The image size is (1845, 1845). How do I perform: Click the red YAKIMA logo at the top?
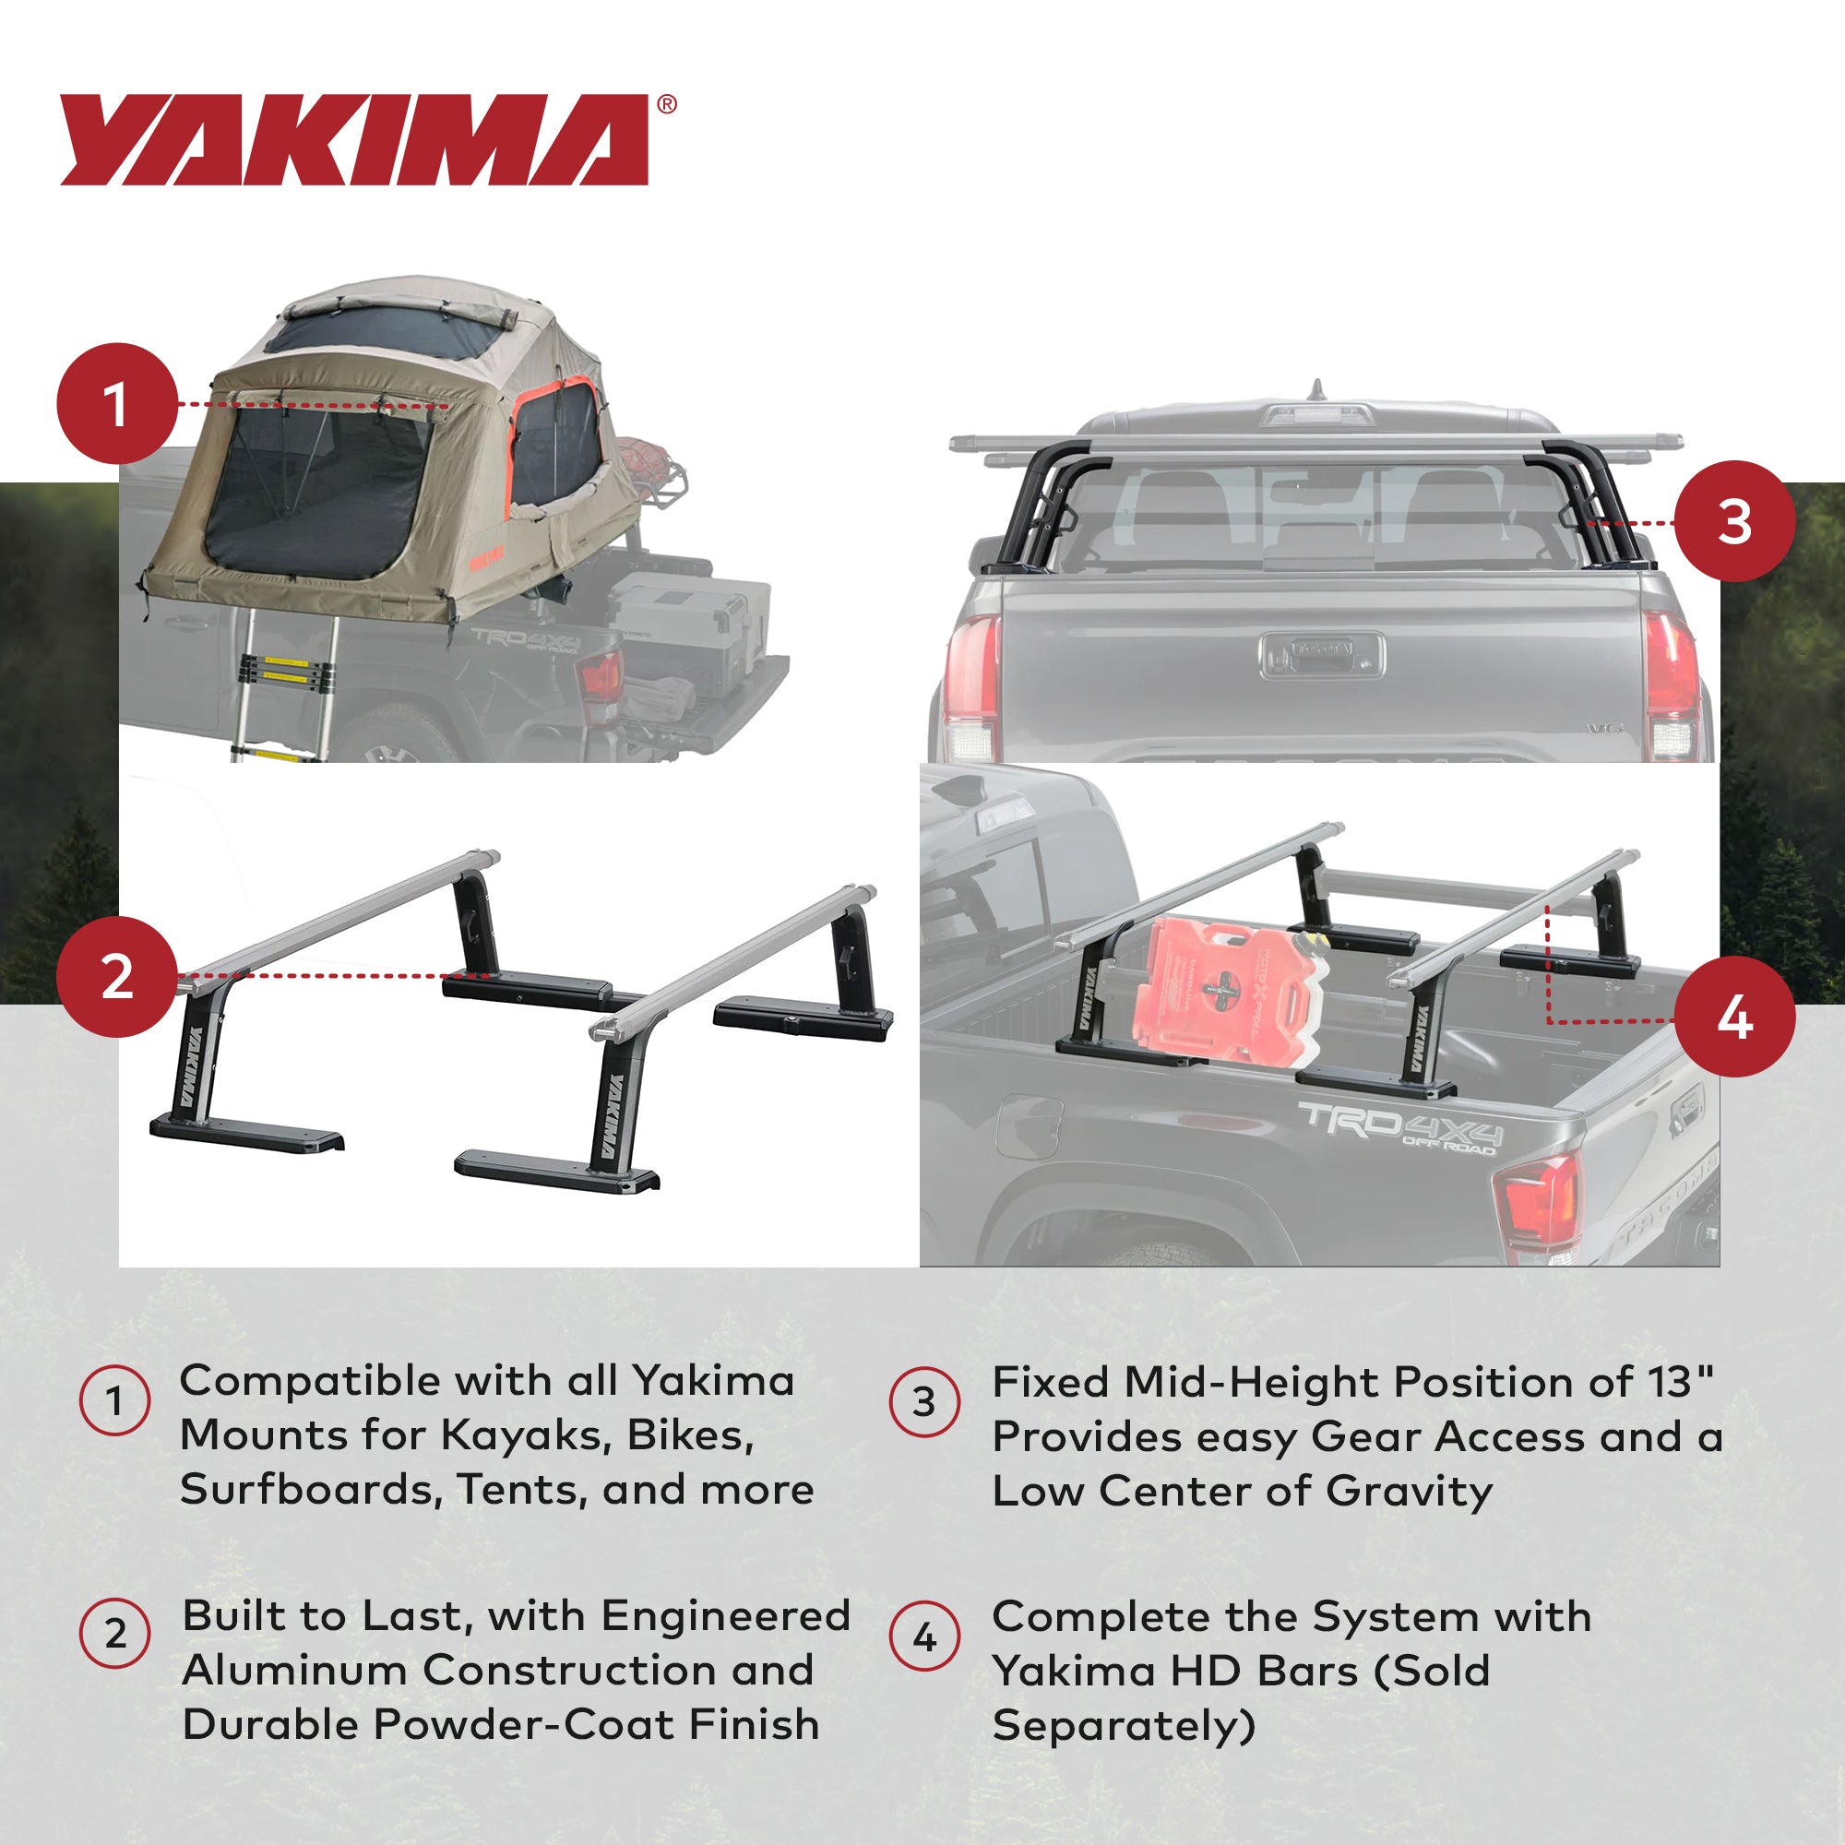click(355, 139)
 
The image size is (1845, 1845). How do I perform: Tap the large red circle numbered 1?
click(117, 404)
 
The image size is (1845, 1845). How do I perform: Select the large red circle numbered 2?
click(117, 977)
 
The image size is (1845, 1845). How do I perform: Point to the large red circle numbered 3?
click(1734, 521)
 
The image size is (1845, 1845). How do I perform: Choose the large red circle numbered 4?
click(1734, 1018)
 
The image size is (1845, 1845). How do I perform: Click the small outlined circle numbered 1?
click(114, 1401)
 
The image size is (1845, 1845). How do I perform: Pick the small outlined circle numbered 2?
click(114, 1634)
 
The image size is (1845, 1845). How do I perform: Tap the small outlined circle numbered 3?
click(923, 1401)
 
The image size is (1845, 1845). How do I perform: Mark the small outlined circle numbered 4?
click(923, 1637)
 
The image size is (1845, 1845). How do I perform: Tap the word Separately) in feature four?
click(1123, 1727)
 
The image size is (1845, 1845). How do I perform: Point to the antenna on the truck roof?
click(1318, 390)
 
